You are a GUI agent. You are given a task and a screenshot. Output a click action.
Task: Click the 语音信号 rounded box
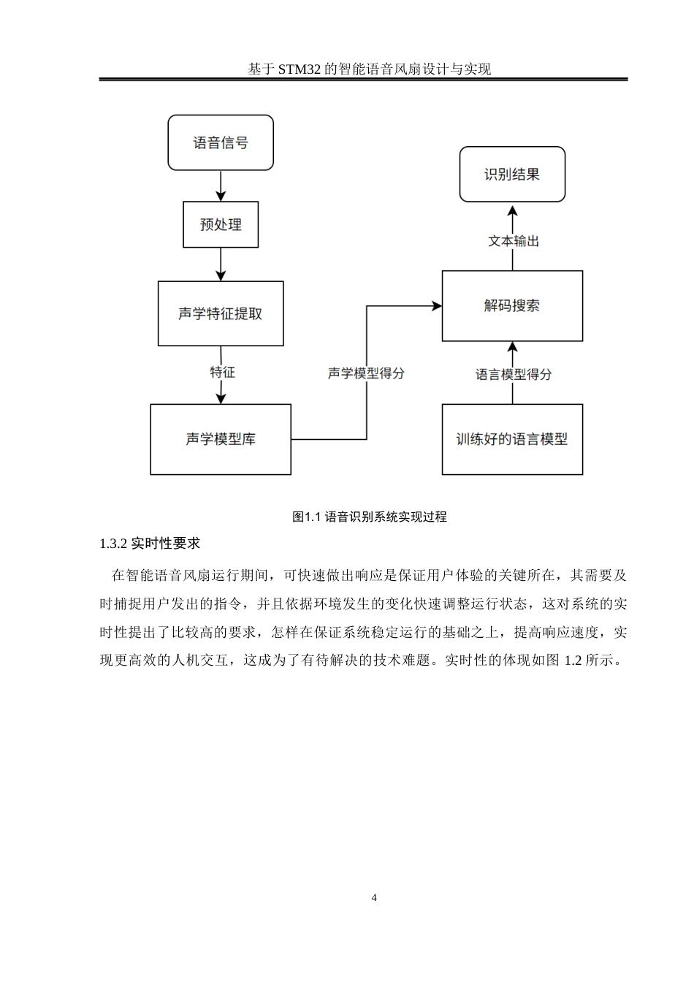221,142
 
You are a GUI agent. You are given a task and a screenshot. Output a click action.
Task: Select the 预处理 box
221,224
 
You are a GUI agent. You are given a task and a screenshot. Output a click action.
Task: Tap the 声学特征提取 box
221,313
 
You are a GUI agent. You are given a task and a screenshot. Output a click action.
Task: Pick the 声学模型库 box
221,439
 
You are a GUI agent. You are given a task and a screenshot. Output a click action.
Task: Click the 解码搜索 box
512,305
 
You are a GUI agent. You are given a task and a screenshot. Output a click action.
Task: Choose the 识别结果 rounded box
512,174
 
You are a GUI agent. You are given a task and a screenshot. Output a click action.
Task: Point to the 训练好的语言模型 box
512,439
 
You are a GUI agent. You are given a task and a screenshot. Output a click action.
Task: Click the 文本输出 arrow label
513,240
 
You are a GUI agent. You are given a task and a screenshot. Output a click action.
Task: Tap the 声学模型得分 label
366,373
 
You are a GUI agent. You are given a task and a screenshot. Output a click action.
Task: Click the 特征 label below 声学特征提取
223,372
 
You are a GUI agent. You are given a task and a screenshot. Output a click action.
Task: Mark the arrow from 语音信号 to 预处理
221,186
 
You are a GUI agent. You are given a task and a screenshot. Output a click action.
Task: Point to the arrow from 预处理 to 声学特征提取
221,264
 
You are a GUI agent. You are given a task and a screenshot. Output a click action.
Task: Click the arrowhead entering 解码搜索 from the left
437,306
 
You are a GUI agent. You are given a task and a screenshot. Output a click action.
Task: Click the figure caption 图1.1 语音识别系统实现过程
369,517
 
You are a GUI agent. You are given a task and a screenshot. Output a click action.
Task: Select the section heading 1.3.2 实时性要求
150,544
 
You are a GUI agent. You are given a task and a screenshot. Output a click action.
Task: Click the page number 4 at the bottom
374,897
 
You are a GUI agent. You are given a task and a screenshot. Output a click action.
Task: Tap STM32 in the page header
300,69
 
